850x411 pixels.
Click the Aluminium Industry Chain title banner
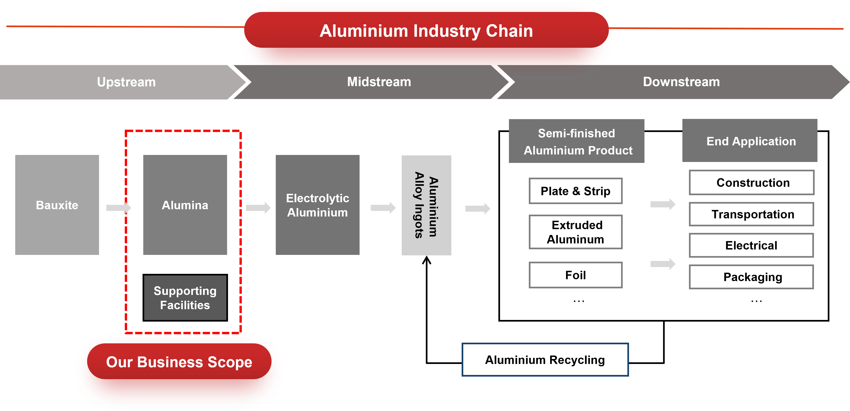(426, 31)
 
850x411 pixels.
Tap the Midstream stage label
(379, 82)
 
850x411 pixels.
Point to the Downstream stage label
(681, 82)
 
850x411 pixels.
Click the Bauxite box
(57, 205)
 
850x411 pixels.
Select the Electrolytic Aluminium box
(317, 205)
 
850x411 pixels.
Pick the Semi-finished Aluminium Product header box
(576, 141)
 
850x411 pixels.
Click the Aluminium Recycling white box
(545, 360)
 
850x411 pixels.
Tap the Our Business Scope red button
(179, 362)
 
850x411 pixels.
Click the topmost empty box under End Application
(751, 182)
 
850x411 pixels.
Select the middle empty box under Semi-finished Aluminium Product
(575, 232)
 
